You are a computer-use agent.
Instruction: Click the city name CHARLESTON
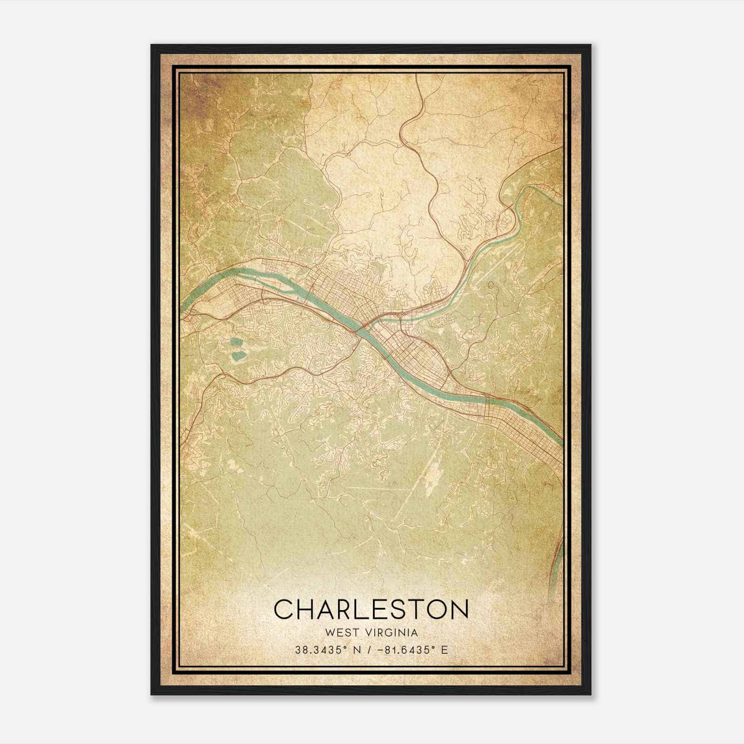[x=371, y=609]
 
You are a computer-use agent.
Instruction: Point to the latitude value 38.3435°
[x=318, y=650]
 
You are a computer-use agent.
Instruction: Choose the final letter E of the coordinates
[x=445, y=650]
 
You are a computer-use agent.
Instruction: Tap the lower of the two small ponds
[x=239, y=356]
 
